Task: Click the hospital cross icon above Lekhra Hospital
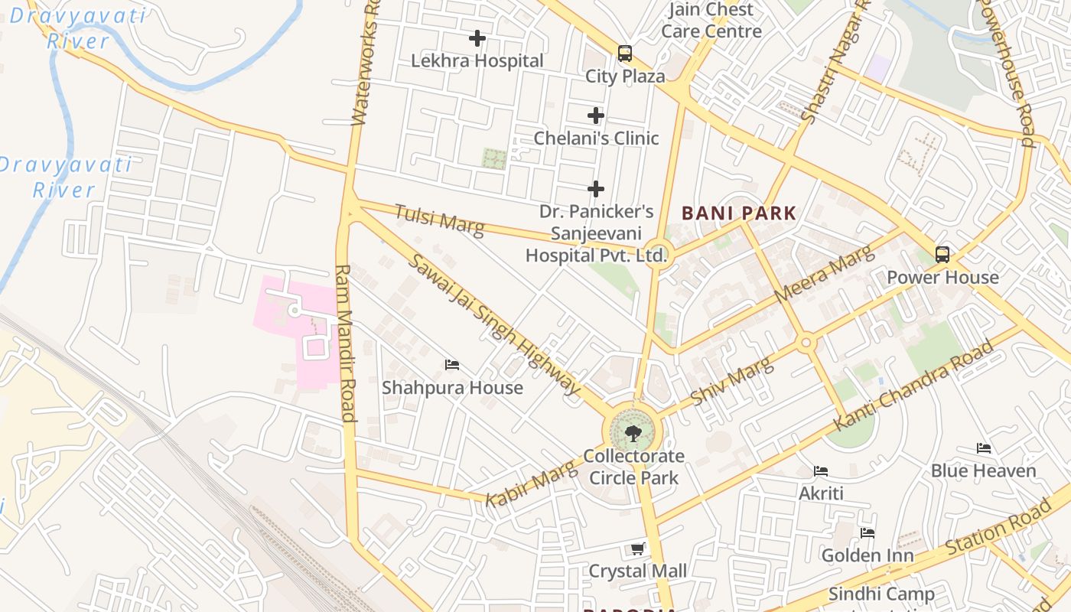click(x=477, y=37)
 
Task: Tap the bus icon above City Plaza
click(x=625, y=54)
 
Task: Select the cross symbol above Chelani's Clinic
click(x=596, y=116)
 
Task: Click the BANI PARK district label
click(x=739, y=213)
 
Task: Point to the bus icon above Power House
click(x=942, y=255)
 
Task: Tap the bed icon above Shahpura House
click(x=452, y=365)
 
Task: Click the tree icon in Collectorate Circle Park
click(x=633, y=435)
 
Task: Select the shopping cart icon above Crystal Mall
click(x=637, y=549)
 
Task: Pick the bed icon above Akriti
click(x=821, y=470)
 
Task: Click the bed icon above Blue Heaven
click(x=984, y=448)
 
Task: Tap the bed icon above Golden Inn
click(x=868, y=532)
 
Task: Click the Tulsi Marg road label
click(x=439, y=220)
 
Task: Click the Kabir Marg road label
click(x=531, y=483)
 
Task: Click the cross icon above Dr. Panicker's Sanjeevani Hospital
click(x=596, y=189)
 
